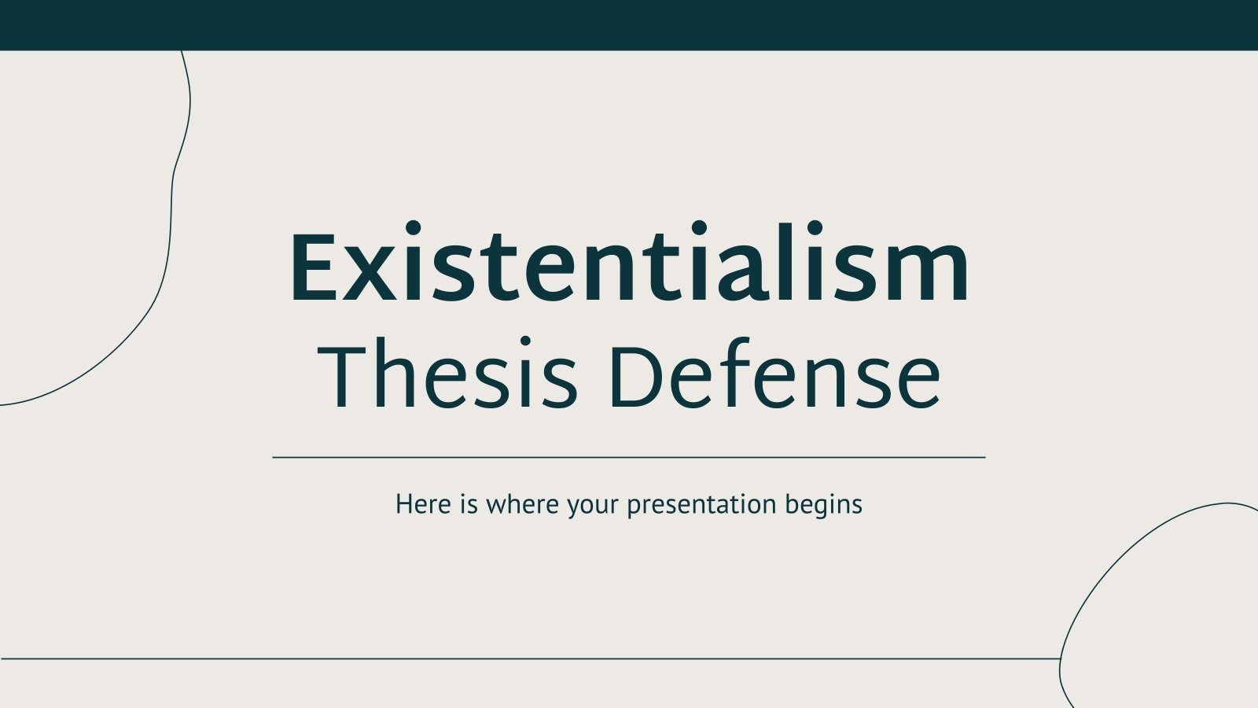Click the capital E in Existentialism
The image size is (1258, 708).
(315, 267)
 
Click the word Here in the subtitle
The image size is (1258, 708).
(423, 504)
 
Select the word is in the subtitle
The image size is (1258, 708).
(469, 504)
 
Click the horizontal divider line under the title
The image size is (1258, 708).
(629, 457)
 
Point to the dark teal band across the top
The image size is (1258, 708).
(629, 24)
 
